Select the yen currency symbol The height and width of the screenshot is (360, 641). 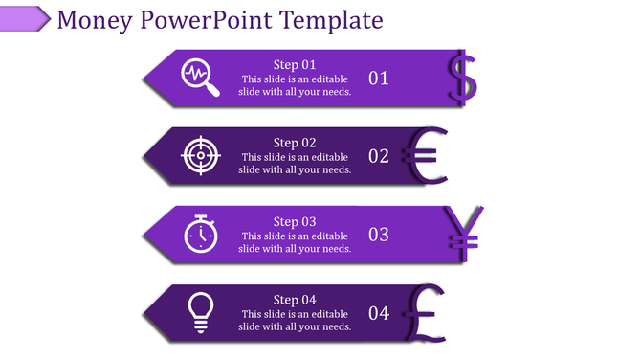[x=467, y=234]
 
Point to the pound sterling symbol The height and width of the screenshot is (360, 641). [x=424, y=312]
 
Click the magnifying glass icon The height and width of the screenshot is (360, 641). [x=201, y=78]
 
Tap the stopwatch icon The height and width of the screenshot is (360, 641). [x=200, y=234]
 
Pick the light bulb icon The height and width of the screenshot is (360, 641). [x=200, y=312]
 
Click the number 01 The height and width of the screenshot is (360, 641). [x=379, y=79]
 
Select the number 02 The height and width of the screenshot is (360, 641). [x=379, y=156]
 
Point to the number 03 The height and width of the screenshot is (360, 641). [x=379, y=235]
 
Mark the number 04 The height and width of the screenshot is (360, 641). [x=379, y=313]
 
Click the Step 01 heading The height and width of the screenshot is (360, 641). [x=294, y=64]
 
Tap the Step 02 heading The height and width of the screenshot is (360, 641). [x=294, y=143]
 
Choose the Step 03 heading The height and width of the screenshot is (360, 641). [x=294, y=221]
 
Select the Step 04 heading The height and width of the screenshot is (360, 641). [x=294, y=300]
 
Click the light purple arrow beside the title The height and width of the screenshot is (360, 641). [x=25, y=18]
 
